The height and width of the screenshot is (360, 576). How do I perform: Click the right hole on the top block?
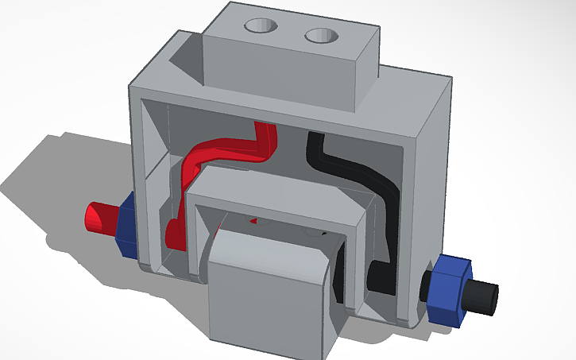click(322, 35)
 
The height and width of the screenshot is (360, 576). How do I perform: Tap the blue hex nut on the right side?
click(446, 290)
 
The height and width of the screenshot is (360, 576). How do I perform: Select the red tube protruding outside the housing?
click(100, 218)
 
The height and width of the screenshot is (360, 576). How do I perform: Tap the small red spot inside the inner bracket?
click(254, 219)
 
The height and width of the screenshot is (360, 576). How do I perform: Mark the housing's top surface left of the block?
click(171, 64)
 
